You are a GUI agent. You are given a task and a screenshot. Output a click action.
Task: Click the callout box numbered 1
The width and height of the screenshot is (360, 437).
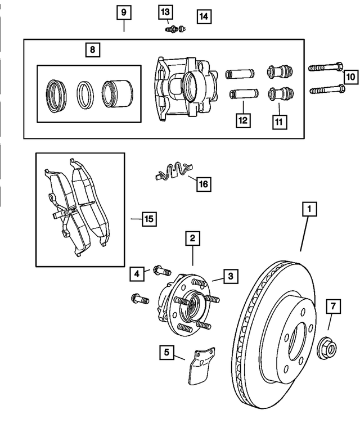tap(308, 209)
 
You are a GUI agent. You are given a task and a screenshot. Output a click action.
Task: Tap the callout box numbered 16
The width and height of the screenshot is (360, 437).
tap(202, 184)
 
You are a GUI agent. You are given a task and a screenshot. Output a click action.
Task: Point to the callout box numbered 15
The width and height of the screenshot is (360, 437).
tap(148, 219)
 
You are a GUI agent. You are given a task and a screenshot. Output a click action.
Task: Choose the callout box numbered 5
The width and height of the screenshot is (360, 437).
tap(166, 353)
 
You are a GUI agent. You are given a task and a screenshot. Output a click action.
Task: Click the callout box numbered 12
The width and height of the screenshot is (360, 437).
tap(242, 120)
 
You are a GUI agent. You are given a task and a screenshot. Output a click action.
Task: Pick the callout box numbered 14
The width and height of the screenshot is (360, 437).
tap(203, 16)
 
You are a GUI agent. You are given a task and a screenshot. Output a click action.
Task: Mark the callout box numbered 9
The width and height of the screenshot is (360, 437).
tap(124, 12)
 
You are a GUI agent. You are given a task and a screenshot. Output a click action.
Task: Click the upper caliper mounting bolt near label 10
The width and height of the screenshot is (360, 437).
tap(326, 69)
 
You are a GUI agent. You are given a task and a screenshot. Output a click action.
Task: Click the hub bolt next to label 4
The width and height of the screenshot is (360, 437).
tap(161, 271)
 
